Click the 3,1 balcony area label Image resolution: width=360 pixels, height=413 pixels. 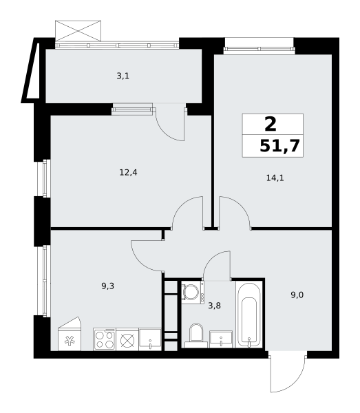pyautogui.click(x=123, y=76)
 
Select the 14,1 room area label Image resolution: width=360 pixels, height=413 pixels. pyautogui.click(x=275, y=178)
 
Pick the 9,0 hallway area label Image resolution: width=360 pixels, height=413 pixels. pyautogui.click(x=297, y=295)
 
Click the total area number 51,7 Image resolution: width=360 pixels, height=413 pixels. pyautogui.click(x=281, y=145)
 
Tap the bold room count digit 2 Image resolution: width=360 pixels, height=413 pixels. pyautogui.click(x=271, y=124)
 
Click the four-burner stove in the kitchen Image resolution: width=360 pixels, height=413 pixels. pyautogui.click(x=104, y=339)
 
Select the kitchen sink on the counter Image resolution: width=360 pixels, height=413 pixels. pyautogui.click(x=150, y=339)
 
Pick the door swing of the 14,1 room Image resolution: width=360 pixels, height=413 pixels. pyautogui.click(x=234, y=211)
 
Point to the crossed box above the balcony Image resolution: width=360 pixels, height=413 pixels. pyautogui.click(x=78, y=30)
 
